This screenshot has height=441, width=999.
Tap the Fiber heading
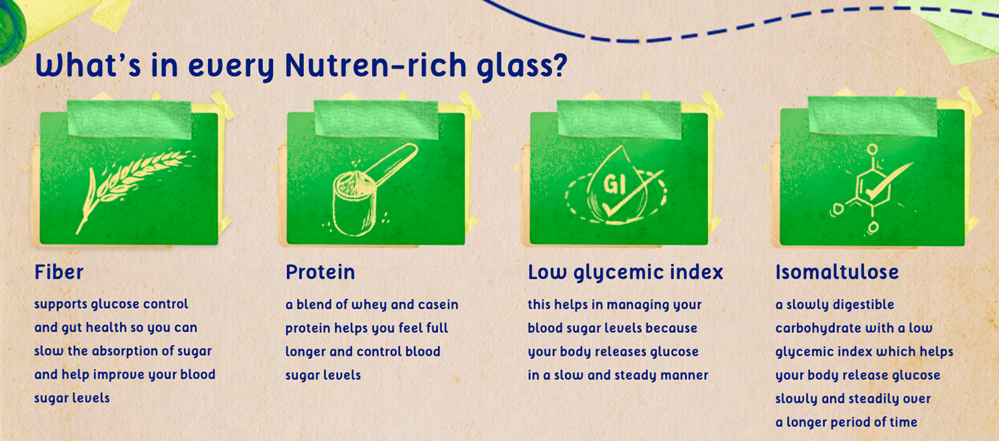pyautogui.click(x=59, y=272)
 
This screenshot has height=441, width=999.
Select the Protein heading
pyautogui.click(x=320, y=272)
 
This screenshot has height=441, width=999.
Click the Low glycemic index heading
pyautogui.click(x=625, y=272)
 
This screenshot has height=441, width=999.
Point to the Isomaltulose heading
pyautogui.click(x=837, y=272)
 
